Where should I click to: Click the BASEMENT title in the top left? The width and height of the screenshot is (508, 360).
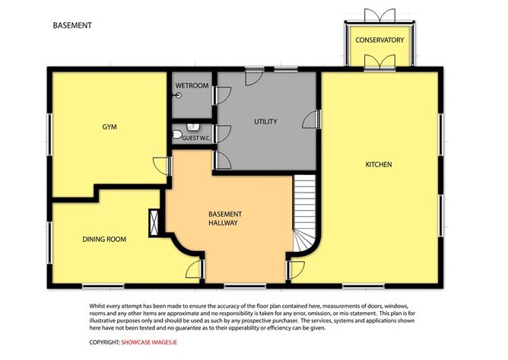pos(72,25)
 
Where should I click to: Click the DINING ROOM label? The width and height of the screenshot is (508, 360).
pos(104,239)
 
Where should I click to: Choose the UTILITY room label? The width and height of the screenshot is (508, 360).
pos(265,122)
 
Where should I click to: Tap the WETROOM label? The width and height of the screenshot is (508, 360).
pos(191,86)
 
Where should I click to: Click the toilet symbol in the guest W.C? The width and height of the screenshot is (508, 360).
pos(177,135)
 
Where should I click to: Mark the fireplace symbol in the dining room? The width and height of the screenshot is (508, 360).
pos(156,221)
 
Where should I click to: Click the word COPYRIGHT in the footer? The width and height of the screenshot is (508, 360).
pos(104,342)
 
